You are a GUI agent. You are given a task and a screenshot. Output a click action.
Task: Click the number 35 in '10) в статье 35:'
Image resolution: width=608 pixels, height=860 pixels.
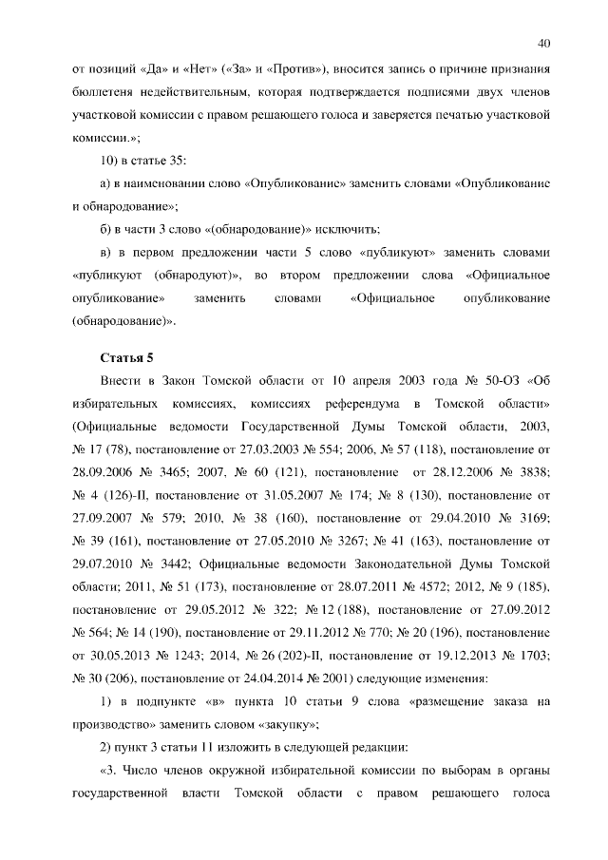click(x=179, y=159)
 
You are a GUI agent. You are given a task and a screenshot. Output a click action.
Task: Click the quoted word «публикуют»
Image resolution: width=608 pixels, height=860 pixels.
click(x=397, y=254)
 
